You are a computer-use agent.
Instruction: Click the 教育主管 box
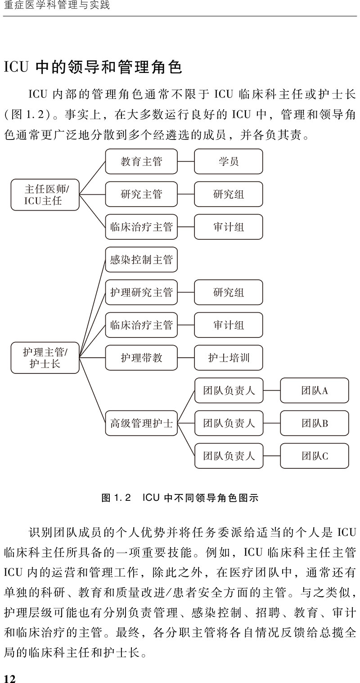tap(141, 161)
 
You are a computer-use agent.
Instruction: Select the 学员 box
tap(228, 161)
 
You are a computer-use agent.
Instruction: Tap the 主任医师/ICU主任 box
tap(45, 195)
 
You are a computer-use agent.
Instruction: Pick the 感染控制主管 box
tap(141, 260)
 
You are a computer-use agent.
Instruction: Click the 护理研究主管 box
tap(141, 292)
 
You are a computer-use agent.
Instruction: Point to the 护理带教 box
tap(141, 358)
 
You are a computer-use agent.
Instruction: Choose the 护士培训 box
tap(228, 358)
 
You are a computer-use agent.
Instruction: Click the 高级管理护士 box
tap(141, 423)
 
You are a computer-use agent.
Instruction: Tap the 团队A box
tap(314, 391)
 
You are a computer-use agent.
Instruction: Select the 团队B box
tap(314, 423)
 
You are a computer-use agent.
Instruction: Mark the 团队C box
tap(314, 456)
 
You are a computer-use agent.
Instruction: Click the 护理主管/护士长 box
tap(45, 358)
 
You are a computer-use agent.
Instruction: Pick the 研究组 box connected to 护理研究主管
tap(228, 292)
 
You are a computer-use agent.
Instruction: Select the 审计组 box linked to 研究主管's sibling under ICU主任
tap(228, 227)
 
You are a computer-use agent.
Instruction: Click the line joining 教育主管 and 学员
tap(186, 161)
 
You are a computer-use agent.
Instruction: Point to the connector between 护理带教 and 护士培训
tap(186, 358)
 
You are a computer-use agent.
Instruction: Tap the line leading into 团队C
tap(272, 456)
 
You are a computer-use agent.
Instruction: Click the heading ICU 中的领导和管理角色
tap(93, 67)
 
